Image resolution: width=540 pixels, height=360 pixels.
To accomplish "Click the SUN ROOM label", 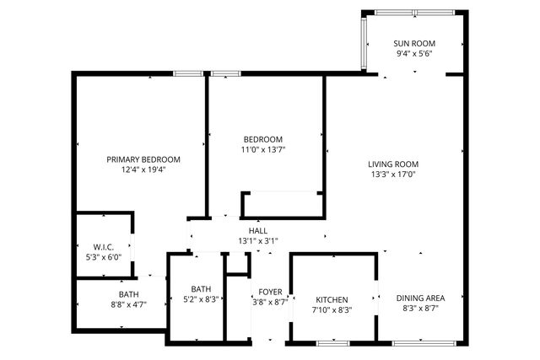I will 413,43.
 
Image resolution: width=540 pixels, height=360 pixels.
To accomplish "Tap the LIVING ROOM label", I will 393,164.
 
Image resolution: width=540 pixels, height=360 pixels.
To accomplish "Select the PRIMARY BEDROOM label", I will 143,159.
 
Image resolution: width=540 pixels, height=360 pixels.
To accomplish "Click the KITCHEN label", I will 332,299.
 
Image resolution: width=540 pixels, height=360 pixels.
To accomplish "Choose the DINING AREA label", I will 419,298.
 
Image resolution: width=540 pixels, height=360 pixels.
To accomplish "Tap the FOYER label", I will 270,292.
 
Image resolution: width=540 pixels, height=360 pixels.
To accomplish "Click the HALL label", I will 258,230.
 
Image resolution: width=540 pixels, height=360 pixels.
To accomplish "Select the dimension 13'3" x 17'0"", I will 393,175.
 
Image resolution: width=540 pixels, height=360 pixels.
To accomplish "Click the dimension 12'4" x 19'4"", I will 143,169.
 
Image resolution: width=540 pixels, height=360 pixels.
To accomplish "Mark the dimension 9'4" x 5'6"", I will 413,53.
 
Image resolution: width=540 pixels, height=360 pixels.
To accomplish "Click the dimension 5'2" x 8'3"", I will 201,298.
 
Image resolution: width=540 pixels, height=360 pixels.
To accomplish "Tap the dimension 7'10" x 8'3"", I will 332,309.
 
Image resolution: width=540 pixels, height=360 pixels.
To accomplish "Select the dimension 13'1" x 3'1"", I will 258,240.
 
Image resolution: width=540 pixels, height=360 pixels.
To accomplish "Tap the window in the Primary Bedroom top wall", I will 186,74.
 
